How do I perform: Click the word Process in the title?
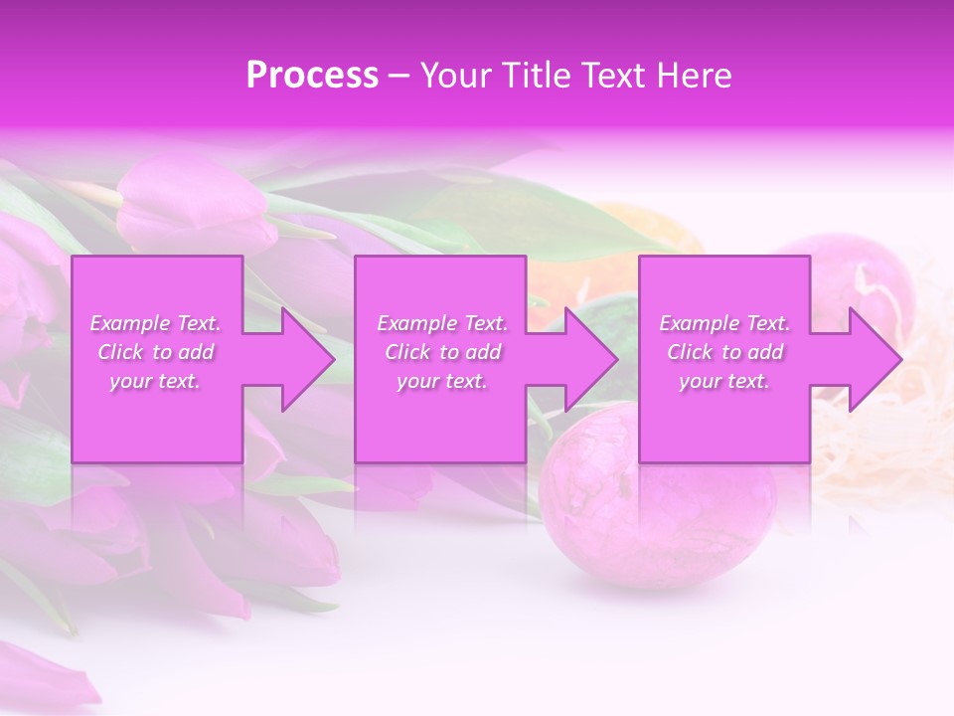coord(312,76)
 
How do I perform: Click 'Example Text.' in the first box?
coord(155,323)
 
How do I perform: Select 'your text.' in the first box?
coord(155,381)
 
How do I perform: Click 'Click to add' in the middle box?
coord(442,352)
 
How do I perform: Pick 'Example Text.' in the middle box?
coord(442,323)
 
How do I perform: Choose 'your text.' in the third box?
coord(724,381)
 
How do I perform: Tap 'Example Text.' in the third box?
coord(724,323)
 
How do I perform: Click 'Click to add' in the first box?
coord(155,352)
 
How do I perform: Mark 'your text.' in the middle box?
coord(442,381)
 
